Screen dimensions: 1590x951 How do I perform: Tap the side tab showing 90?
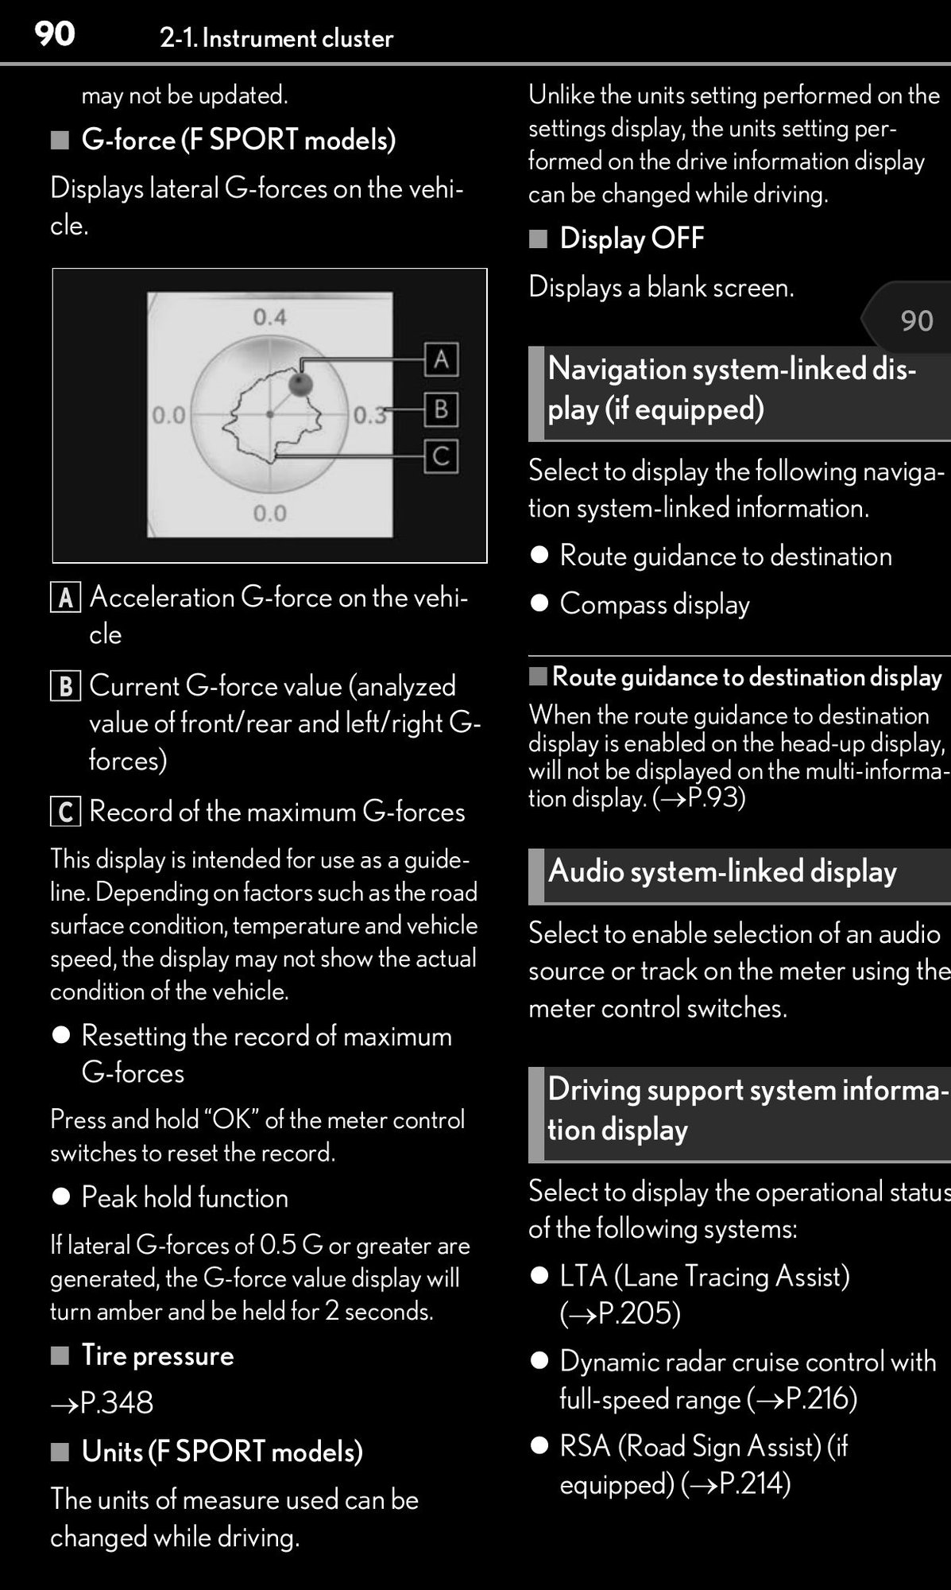915,320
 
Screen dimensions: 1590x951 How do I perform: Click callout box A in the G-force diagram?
441,359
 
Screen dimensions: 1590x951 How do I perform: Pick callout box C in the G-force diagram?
441,456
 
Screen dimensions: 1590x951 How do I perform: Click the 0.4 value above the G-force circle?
269,318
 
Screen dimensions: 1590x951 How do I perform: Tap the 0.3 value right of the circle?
369,415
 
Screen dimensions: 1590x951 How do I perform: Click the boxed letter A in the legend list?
65,598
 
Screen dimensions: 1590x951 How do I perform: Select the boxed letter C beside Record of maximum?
65,812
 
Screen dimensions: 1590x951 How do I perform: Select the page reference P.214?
750,1483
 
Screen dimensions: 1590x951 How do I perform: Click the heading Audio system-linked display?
722,871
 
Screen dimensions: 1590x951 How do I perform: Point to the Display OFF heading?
632,238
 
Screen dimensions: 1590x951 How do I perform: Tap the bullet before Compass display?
539,603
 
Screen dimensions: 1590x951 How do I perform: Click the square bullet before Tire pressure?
60,1355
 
